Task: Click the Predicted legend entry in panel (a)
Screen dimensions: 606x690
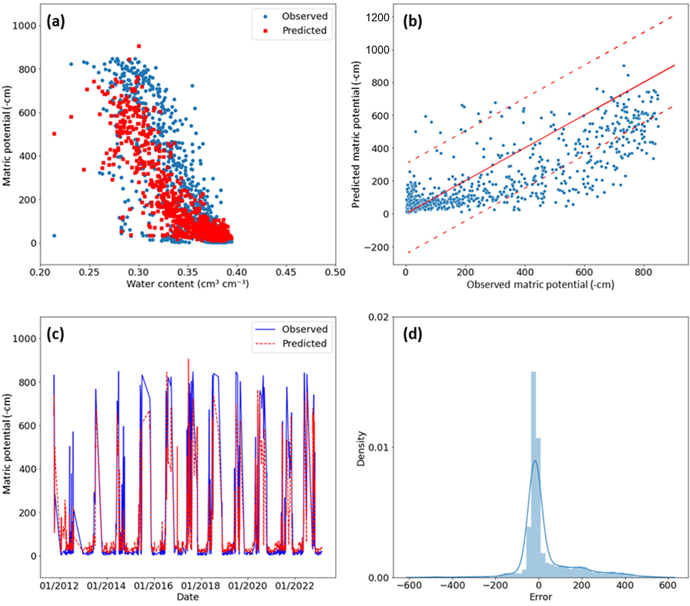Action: (x=304, y=30)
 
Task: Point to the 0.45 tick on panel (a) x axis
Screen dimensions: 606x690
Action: (x=286, y=272)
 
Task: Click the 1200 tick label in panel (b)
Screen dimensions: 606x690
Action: (x=378, y=17)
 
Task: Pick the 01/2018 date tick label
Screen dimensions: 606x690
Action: (x=201, y=585)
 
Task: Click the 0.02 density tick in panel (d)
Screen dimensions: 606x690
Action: (x=379, y=317)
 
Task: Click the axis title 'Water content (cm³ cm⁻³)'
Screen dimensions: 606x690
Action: (x=188, y=284)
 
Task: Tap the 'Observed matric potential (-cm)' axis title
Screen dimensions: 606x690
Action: (x=540, y=284)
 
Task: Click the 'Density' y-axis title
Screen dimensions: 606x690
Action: (x=361, y=448)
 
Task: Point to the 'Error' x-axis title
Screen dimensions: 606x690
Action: (x=540, y=597)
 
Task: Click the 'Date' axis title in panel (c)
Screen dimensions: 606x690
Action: (x=188, y=597)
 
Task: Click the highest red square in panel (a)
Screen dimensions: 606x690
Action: (x=139, y=46)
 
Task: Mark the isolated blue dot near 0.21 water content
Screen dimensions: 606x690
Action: (x=54, y=236)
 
